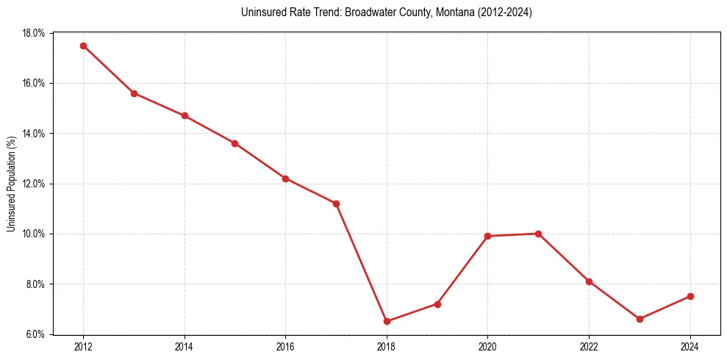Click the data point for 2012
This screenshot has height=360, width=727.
coord(83,46)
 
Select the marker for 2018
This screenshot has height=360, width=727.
coord(387,321)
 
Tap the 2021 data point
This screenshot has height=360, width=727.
coord(538,234)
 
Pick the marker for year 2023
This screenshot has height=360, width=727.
coord(640,319)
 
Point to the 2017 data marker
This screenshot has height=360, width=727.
coord(336,204)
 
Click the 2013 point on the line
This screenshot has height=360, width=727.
coord(134,93)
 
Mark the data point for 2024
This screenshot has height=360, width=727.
coord(690,296)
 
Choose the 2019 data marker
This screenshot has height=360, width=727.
coord(437,303)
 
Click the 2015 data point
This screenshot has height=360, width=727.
coord(234,143)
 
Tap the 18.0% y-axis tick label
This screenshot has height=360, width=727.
coord(34,33)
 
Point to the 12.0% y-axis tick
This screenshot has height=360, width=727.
coord(34,184)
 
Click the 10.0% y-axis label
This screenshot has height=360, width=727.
coord(34,234)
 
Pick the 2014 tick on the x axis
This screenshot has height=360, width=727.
coord(185,347)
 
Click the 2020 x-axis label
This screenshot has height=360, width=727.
coord(488,347)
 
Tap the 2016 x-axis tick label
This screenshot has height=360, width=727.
coord(285,347)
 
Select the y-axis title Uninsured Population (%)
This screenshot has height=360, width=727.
coord(11,184)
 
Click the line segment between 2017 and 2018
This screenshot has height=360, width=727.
coord(361,262)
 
